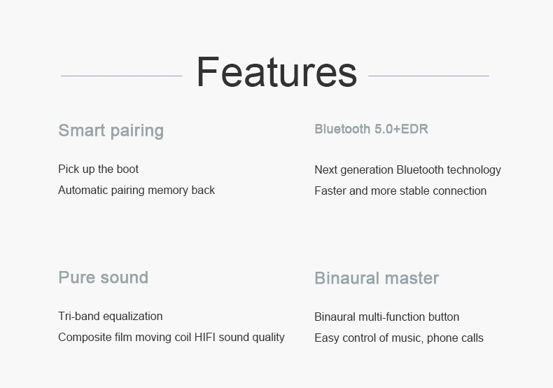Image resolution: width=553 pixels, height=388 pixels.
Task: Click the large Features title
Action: coord(277,72)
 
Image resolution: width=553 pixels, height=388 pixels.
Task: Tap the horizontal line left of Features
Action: coord(121,76)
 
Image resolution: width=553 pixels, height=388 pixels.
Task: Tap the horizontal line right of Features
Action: coord(428,76)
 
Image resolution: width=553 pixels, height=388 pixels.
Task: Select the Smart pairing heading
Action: coord(111,130)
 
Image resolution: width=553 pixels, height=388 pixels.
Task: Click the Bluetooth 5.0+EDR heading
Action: coord(372,129)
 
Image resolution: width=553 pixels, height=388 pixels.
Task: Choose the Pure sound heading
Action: coord(104,277)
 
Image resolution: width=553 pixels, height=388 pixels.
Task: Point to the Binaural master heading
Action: coord(377,278)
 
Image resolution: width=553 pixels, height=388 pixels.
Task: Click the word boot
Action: coord(127,169)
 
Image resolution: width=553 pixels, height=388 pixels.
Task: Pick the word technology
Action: coord(474,170)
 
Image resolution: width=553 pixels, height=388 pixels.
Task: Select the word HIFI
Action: coord(204,337)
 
